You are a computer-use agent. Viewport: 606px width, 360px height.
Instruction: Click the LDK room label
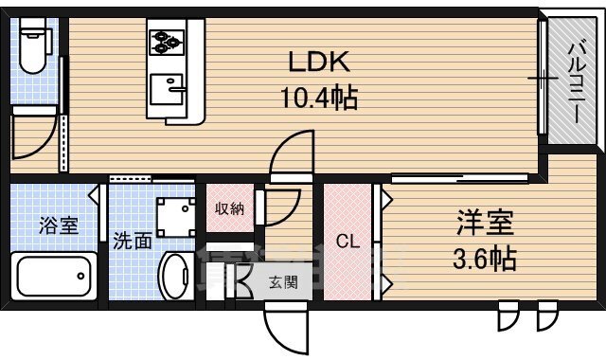tap(320, 63)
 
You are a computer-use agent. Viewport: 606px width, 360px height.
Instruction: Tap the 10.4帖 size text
tap(320, 98)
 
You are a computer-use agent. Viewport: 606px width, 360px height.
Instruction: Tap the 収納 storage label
tap(228, 208)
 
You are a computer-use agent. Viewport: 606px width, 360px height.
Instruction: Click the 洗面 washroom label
tap(133, 241)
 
